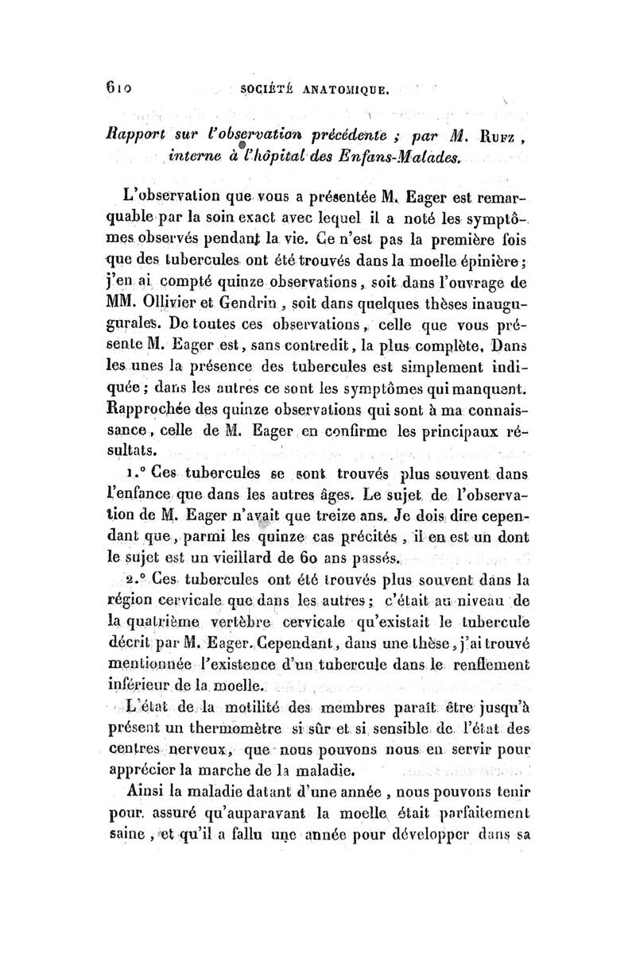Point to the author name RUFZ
[x=498, y=131]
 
